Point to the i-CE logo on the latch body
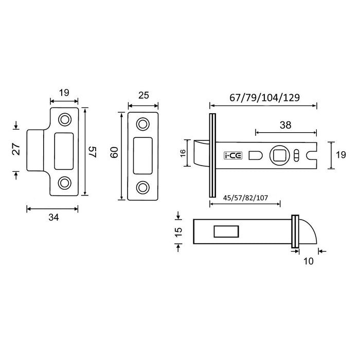pos(230,155)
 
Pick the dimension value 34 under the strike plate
pos(52,218)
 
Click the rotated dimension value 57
pos(92,152)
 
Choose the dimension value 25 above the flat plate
pos(143,95)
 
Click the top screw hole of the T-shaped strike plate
pos(65,119)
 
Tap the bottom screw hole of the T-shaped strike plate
pos(65,183)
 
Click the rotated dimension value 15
pos(178,231)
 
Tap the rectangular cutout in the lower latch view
pos(225,231)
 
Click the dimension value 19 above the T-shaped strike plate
pos(63,94)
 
